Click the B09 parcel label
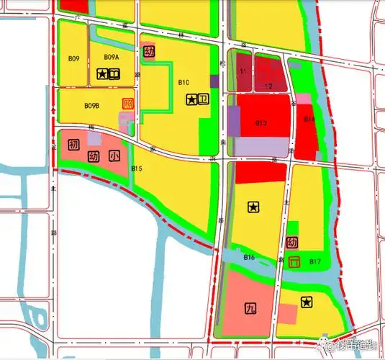click(74, 58)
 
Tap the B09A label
click(112, 57)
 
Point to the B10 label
click(184, 83)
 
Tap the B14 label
click(309, 119)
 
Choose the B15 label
click(137, 168)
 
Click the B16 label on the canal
click(249, 257)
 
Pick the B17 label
click(314, 261)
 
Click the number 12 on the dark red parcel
click(268, 86)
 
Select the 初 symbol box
click(73, 145)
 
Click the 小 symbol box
click(114, 156)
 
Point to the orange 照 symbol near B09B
click(128, 104)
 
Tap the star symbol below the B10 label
click(191, 100)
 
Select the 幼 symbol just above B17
click(292, 243)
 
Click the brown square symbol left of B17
click(293, 262)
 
